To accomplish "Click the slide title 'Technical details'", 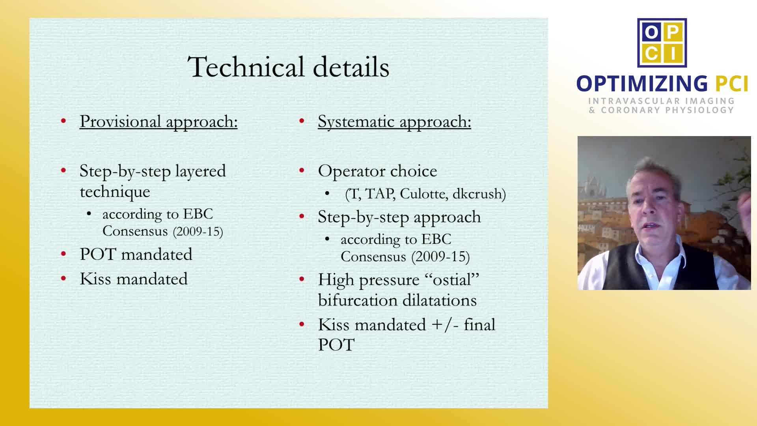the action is coord(289,67).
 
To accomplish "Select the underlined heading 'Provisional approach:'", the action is coord(158,121).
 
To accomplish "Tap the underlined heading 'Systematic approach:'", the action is coord(394,121).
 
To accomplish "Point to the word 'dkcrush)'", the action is coord(479,194).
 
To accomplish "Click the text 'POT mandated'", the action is coord(136,254).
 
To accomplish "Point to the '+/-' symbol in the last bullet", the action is coord(445,325).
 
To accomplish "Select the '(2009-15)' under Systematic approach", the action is coord(441,257).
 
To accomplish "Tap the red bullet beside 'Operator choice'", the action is coord(302,171).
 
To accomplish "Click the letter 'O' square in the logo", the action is coord(651,32).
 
